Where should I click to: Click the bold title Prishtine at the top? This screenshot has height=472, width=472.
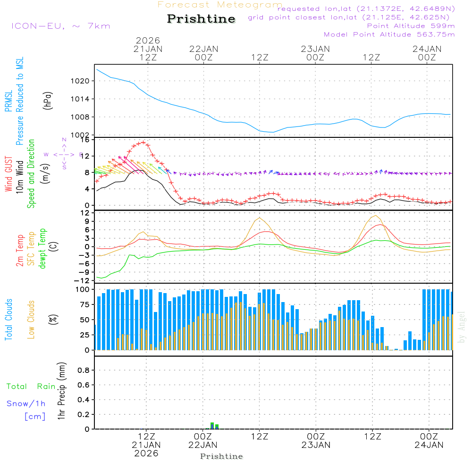[201, 19]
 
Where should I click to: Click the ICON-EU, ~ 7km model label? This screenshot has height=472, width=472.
[60, 26]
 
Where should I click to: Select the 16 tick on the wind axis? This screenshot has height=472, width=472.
[85, 140]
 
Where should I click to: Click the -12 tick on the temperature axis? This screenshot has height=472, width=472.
[83, 281]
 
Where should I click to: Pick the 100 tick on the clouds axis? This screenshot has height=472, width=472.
[83, 289]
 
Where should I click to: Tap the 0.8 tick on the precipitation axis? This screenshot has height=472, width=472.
[84, 371]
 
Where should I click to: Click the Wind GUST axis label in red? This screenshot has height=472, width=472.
[9, 174]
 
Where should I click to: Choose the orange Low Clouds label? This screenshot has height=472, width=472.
[32, 319]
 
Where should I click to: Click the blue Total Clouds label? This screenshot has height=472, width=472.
[9, 319]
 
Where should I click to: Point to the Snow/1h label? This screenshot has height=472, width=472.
[26, 404]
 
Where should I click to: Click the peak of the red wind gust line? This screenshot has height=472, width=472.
[143, 142]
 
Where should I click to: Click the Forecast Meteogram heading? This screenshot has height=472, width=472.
[220, 5]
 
